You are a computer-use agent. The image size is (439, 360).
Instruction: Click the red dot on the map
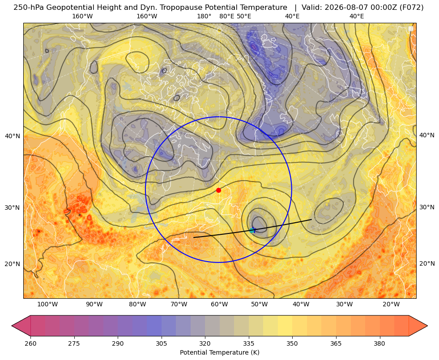[219, 190]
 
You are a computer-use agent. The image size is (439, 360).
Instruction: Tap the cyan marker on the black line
[252, 230]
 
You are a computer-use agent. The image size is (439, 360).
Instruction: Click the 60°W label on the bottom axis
[219, 304]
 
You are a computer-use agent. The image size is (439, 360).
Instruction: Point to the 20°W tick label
[391, 304]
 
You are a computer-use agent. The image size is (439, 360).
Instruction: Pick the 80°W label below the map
[137, 304]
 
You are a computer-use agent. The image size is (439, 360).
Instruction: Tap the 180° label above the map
[204, 16]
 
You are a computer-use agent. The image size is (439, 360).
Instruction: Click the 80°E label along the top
[226, 16]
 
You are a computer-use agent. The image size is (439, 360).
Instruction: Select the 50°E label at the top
[244, 16]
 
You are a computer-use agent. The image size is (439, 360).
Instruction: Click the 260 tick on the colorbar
[30, 343]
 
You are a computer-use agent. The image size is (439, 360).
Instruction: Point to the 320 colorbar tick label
[205, 343]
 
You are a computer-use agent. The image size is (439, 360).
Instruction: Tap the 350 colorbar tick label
[292, 343]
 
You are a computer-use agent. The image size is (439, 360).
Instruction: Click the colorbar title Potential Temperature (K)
[219, 352]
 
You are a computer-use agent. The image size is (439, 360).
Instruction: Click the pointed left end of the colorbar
[12, 326]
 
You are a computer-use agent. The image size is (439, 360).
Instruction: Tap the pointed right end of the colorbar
[427, 326]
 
